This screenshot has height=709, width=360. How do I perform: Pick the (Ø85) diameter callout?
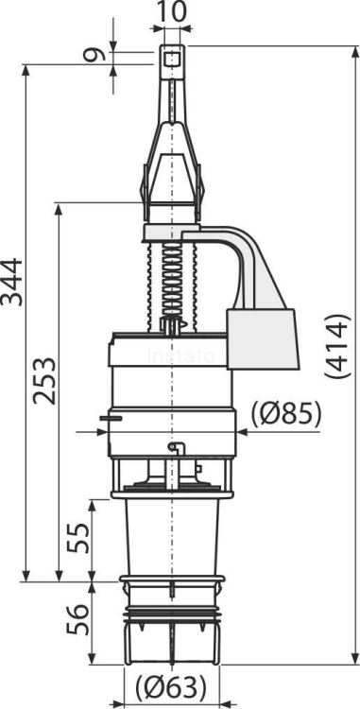point(287,413)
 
